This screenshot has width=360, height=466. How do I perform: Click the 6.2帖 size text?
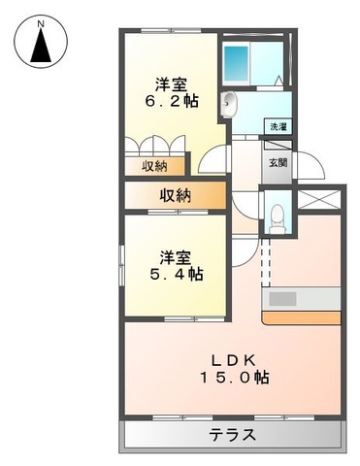174,100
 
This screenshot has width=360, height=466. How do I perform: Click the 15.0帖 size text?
234,378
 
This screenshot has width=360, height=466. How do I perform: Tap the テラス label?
232,435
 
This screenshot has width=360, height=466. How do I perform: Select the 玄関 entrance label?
277,162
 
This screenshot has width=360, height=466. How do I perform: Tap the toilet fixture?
278,216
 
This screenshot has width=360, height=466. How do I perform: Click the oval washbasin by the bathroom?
231,104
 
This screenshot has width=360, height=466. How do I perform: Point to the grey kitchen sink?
288,298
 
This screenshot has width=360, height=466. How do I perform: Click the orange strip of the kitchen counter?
302,316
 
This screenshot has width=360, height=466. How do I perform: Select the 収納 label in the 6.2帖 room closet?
155,166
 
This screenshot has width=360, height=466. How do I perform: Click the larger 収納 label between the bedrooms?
176,196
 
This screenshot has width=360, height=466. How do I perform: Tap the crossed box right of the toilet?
317,199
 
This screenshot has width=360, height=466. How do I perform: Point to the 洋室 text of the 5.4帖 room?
176,256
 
